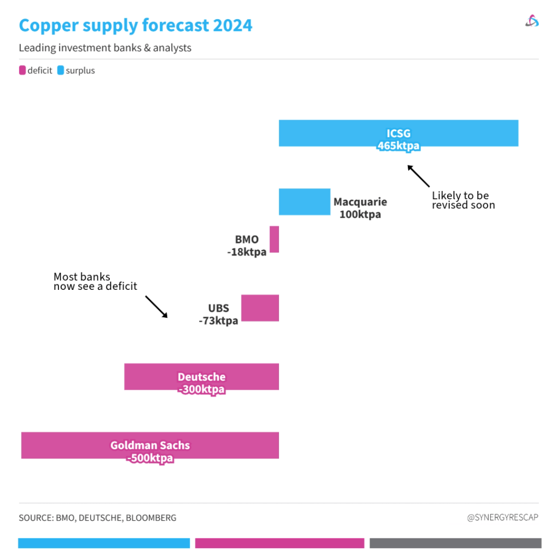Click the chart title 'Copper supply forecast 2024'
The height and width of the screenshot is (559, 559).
click(135, 25)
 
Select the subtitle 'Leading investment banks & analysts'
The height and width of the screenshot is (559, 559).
click(105, 48)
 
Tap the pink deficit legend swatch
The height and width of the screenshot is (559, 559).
click(22, 70)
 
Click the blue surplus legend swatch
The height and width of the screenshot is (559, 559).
click(61, 70)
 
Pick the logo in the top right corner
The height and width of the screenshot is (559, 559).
click(532, 21)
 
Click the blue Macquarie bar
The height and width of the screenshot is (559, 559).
click(304, 202)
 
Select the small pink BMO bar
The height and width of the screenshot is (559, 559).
click(274, 239)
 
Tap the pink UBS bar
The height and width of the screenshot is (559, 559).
click(260, 308)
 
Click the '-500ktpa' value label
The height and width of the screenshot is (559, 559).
click(150, 458)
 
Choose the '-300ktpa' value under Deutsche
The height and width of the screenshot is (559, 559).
click(201, 389)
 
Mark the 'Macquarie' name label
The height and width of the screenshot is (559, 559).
click(360, 202)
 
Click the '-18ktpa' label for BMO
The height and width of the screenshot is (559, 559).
click(247, 252)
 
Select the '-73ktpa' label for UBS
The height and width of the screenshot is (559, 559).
click(218, 320)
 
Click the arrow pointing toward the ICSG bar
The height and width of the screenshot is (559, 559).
click(419, 176)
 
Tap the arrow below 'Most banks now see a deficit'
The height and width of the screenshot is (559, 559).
click(156, 307)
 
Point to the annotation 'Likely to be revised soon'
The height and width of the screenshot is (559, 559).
click(463, 200)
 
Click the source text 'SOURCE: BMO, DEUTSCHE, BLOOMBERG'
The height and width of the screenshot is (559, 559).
click(98, 518)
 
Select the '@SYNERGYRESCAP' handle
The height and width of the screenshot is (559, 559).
click(502, 517)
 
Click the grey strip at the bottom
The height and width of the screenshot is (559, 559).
click(455, 543)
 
